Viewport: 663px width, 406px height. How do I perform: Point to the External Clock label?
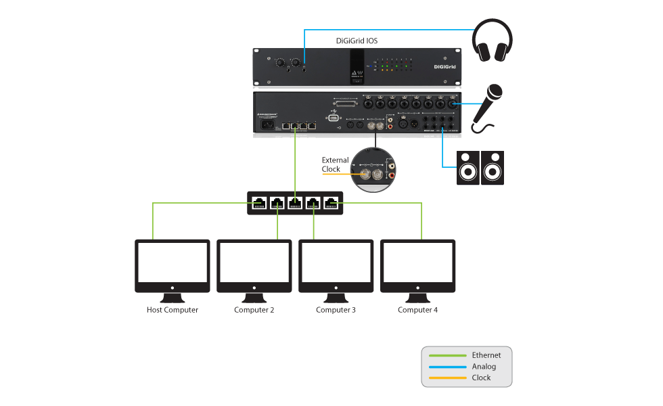(x=335, y=164)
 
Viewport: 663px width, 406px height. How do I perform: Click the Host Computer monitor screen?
(x=173, y=263)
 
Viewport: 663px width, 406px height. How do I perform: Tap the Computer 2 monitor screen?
(x=254, y=263)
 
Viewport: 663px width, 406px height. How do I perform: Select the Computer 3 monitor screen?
(x=336, y=263)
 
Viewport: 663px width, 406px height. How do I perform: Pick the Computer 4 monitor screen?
(x=417, y=263)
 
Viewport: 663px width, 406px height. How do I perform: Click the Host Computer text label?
(x=173, y=310)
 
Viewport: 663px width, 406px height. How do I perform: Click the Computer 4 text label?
(x=417, y=310)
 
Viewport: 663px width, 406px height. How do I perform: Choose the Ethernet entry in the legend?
(x=486, y=355)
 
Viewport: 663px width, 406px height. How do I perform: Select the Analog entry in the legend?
(x=484, y=366)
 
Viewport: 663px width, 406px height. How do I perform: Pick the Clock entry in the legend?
(x=481, y=378)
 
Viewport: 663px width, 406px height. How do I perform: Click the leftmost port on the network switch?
(x=260, y=202)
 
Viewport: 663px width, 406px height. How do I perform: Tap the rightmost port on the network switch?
(x=331, y=202)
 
